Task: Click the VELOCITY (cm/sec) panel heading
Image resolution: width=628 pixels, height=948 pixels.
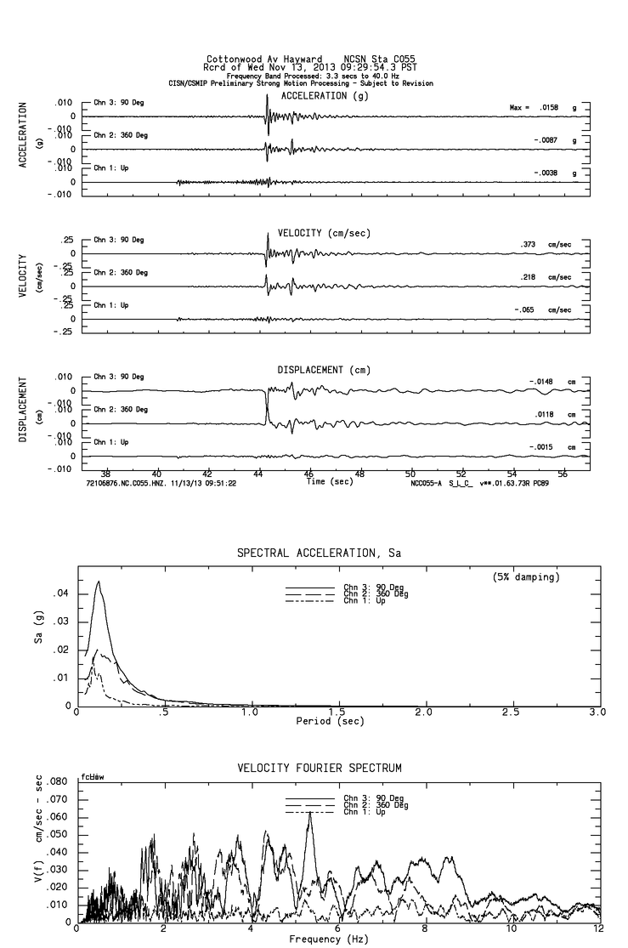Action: pos(324,233)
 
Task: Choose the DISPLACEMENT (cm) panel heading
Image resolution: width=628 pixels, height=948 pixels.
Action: pos(324,370)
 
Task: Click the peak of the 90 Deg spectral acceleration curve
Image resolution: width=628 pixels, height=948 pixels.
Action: pos(99,582)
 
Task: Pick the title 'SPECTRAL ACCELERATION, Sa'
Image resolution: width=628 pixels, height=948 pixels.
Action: pos(319,553)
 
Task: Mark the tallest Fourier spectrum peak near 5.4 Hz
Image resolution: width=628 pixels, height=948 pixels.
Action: pos(310,813)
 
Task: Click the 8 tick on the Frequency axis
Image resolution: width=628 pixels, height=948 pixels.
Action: pos(424,929)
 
